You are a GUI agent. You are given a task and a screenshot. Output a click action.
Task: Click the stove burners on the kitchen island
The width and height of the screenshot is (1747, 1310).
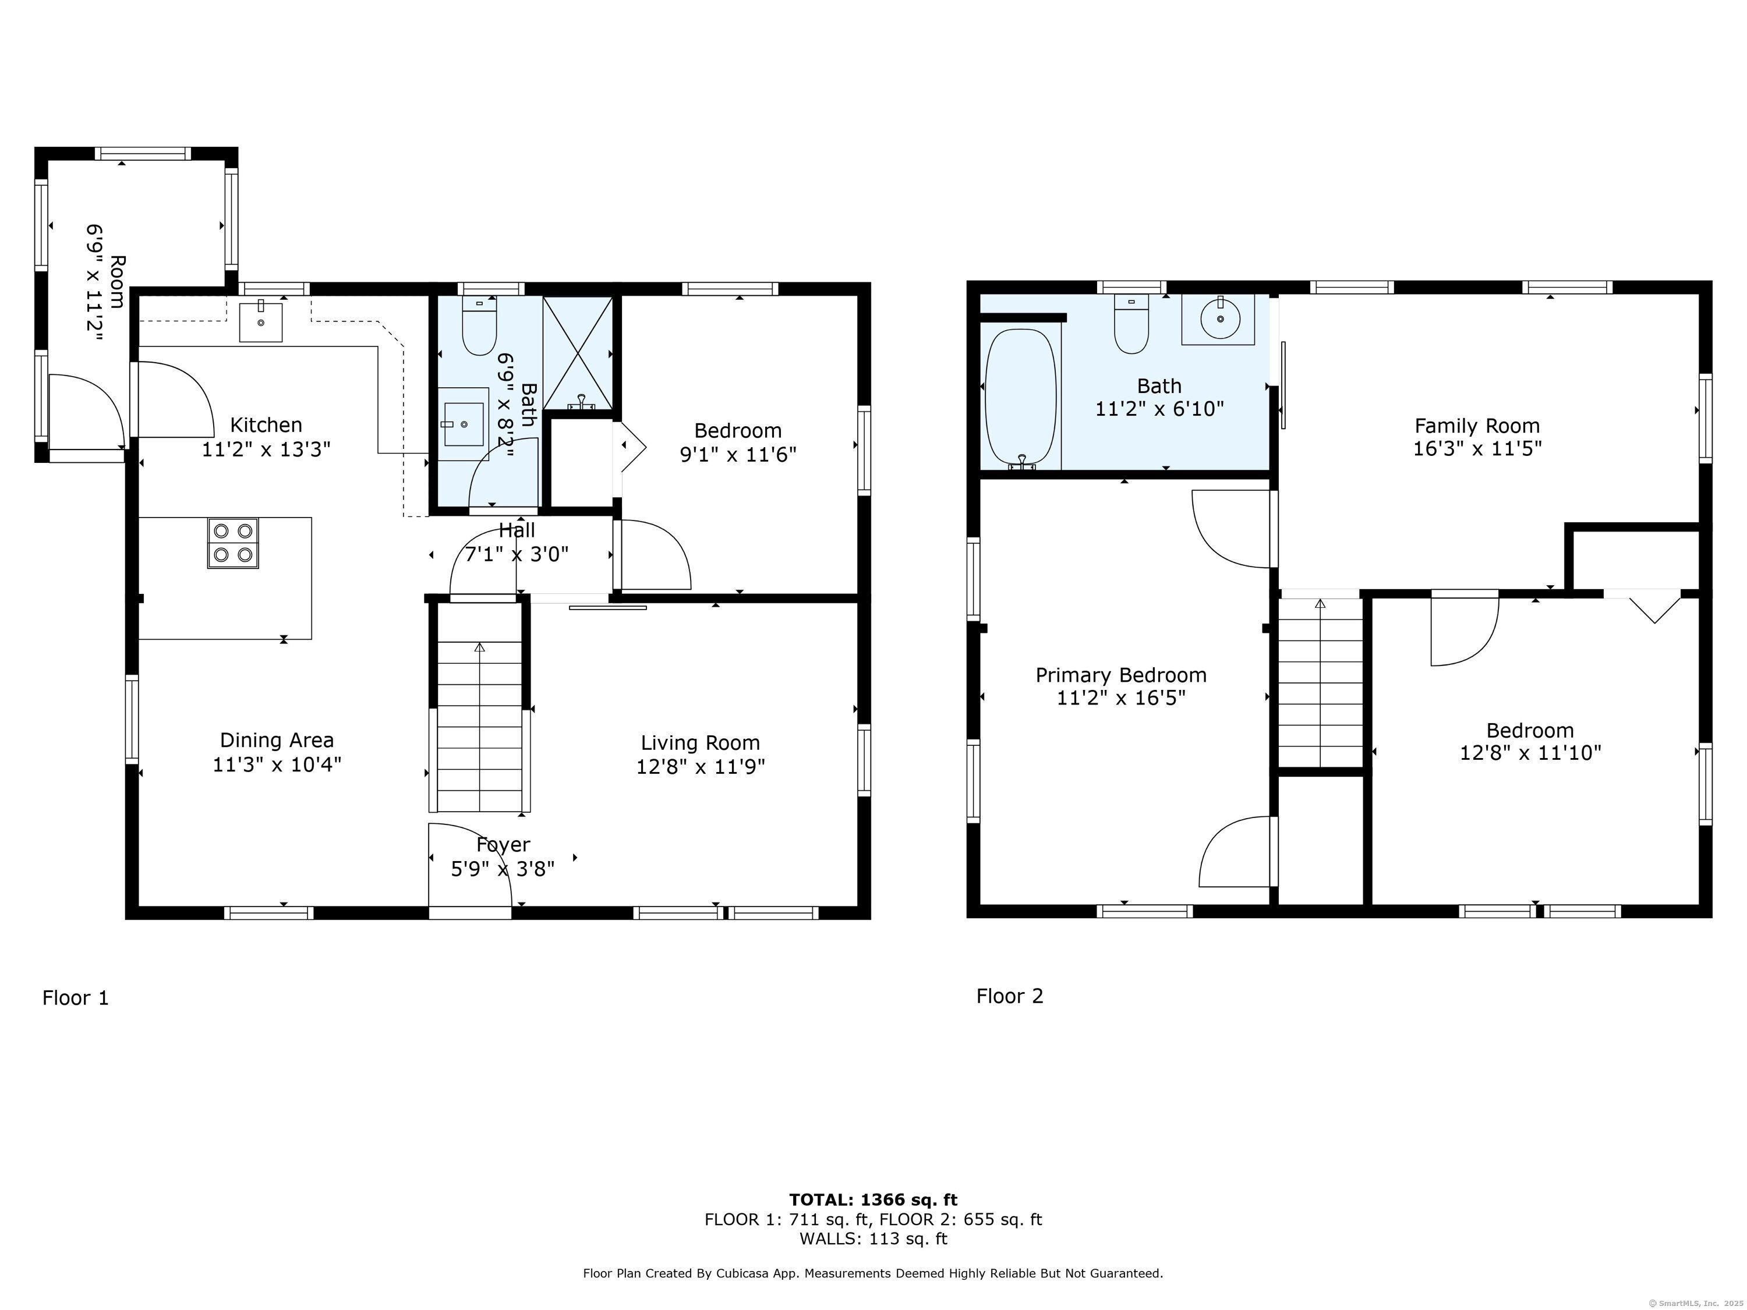pos(233,543)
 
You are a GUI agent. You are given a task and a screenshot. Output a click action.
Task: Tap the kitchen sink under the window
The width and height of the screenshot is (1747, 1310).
pos(261,321)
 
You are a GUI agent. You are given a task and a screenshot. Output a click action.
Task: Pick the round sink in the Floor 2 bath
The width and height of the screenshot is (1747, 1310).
pos(1220,319)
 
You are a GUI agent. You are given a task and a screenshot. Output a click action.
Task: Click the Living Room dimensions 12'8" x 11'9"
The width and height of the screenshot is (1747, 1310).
pos(701,767)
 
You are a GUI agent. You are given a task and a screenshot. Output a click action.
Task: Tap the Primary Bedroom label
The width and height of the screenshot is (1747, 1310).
pos(1121,675)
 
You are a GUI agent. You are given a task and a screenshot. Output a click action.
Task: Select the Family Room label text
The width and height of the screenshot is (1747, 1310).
pos(1477,426)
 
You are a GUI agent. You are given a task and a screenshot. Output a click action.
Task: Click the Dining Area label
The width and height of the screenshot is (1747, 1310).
pos(277,741)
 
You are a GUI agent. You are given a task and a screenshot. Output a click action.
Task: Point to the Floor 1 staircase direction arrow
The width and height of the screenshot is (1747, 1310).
pos(479,647)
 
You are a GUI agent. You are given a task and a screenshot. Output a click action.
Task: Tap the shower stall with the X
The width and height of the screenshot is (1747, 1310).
pos(577,352)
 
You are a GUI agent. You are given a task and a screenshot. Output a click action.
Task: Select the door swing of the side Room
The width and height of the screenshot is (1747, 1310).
pos(84,410)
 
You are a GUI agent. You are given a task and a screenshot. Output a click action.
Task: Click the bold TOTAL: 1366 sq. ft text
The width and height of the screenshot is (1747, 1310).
pos(873,1200)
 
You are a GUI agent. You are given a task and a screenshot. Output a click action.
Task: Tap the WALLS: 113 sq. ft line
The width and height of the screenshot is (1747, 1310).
pos(873,1238)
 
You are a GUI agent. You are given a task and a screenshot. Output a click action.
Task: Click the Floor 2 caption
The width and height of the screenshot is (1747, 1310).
pos(1009,996)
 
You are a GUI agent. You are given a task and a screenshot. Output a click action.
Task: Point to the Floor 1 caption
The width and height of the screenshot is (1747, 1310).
pos(76,998)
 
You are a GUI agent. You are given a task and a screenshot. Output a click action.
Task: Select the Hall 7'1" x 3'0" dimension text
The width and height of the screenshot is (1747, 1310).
pos(517,554)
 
